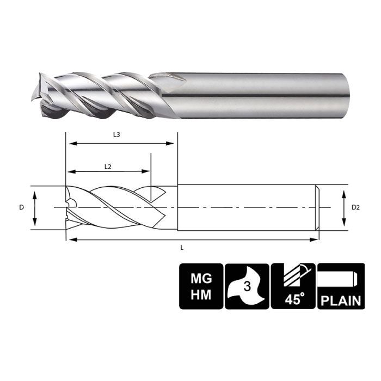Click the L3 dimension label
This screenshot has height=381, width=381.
coord(117,134)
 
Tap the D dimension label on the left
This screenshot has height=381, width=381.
coord(21,207)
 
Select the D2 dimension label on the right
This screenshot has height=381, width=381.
coord(355,207)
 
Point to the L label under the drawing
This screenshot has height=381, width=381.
coord(181,248)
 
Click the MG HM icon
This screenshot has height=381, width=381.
coord(201,286)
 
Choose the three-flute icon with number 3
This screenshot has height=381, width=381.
coord(247,286)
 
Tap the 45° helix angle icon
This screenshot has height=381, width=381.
coord(293,286)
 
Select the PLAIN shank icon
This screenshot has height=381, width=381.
coord(340,286)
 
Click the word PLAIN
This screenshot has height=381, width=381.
coord(340,300)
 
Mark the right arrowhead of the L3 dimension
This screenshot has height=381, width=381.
coord(175,144)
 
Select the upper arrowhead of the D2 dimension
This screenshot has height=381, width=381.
coord(343,192)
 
